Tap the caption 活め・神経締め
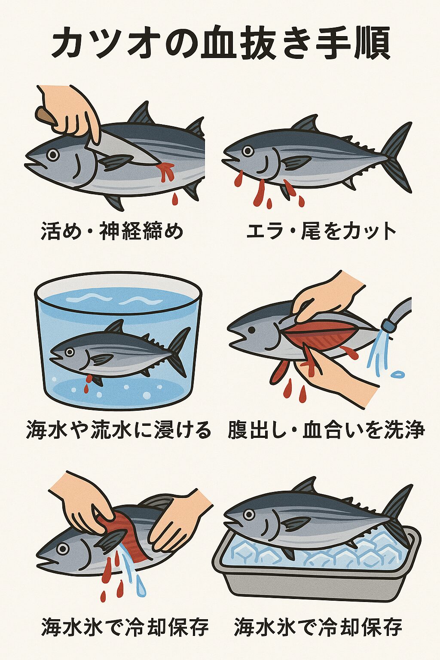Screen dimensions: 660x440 [112, 231]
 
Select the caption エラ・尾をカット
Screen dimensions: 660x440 [321, 231]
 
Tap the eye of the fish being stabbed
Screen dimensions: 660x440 [53, 154]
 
